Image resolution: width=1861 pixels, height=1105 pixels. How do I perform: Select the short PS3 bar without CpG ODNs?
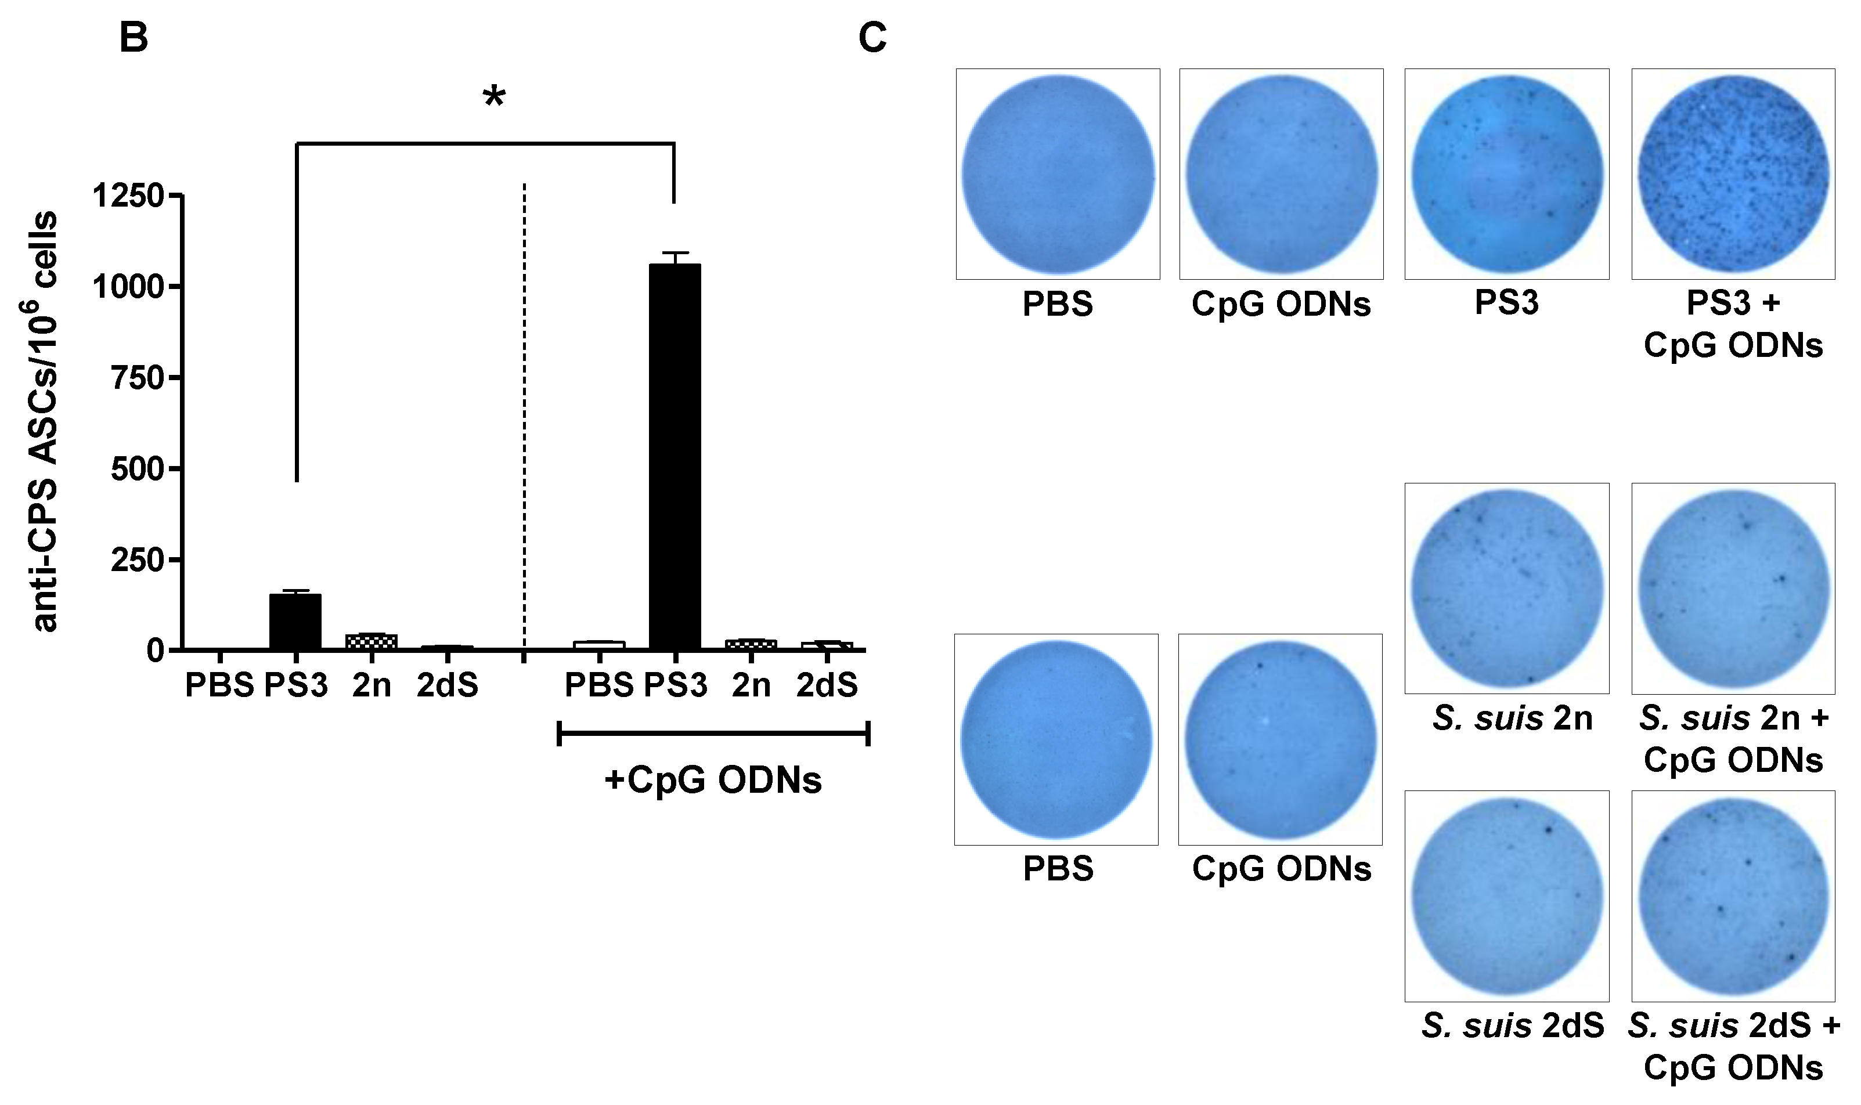tap(295, 621)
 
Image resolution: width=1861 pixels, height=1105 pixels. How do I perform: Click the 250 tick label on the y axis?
tap(136, 560)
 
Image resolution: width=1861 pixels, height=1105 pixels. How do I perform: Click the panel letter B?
tap(134, 37)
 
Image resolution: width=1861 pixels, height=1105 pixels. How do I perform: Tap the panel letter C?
tap(872, 37)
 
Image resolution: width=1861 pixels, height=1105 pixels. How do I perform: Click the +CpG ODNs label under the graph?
tap(713, 779)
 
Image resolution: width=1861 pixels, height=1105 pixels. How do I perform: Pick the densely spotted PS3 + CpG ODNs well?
tap(1732, 174)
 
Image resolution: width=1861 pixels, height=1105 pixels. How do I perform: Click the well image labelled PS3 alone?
tap(1506, 174)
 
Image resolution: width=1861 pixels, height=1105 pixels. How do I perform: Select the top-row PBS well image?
tap(1058, 174)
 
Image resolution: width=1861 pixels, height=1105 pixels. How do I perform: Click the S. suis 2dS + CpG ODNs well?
tap(1732, 895)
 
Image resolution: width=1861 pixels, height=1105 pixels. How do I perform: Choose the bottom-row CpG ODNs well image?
tap(1279, 739)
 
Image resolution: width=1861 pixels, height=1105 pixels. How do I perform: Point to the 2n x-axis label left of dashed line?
tap(371, 684)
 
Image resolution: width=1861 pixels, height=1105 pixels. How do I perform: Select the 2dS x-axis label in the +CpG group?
tap(827, 684)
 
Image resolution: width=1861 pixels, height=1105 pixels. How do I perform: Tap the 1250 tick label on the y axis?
tap(127, 196)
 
